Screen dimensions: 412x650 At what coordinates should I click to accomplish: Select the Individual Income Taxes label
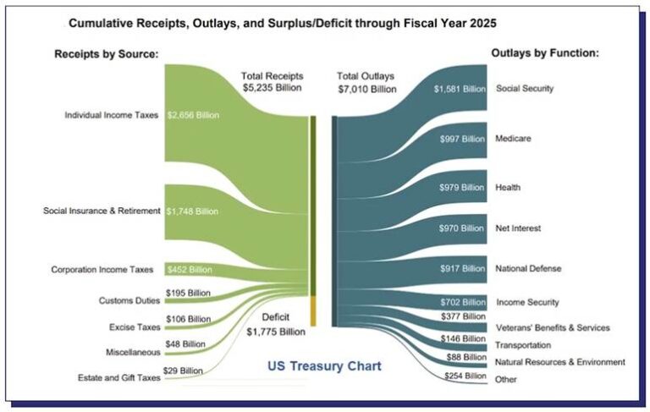coord(112,115)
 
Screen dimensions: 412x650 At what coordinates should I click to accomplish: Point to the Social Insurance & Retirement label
coord(102,211)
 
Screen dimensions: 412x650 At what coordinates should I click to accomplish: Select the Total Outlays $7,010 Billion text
coord(365,80)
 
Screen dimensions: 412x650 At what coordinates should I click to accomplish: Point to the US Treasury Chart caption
coord(324,366)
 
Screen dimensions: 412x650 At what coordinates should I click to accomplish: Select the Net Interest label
coord(517,228)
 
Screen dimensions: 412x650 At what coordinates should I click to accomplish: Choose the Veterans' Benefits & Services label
coord(552,327)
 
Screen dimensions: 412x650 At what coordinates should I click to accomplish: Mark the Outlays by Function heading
coord(545,53)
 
